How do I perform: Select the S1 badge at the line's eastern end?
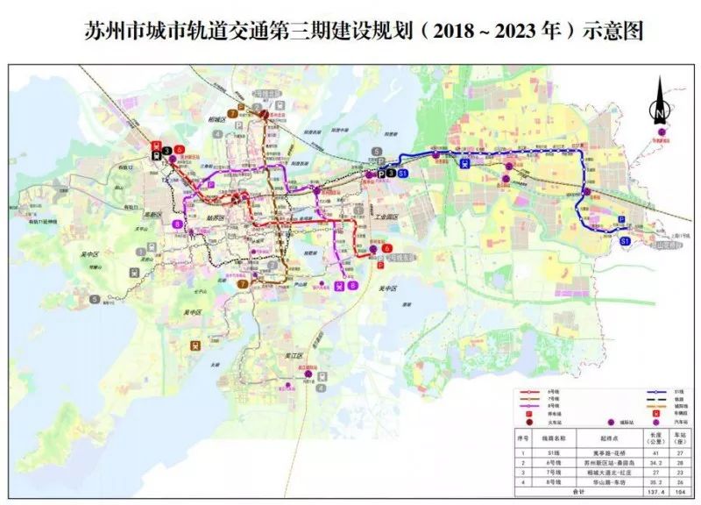(x=625, y=239)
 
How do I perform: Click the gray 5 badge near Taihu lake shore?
(x=93, y=299)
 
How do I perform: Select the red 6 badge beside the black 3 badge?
(x=179, y=150)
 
